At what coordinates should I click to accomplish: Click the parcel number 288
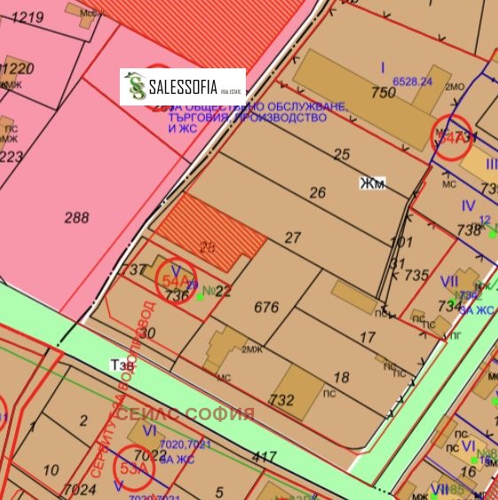click(77, 217)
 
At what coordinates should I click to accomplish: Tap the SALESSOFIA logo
click(183, 87)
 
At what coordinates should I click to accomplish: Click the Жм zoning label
click(371, 184)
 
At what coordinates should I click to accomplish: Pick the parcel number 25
click(341, 154)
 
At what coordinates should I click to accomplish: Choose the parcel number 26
click(317, 192)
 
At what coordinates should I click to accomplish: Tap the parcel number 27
click(293, 238)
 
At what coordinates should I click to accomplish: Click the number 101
click(401, 241)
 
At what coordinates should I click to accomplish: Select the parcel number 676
click(266, 308)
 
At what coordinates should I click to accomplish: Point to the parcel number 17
click(367, 337)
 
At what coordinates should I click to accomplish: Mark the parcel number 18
click(340, 377)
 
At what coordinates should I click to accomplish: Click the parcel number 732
click(281, 400)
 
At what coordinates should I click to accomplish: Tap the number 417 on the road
click(265, 457)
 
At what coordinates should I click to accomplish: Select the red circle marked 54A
click(175, 280)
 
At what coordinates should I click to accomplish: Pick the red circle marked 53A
click(133, 469)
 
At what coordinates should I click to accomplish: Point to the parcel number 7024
click(80, 488)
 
